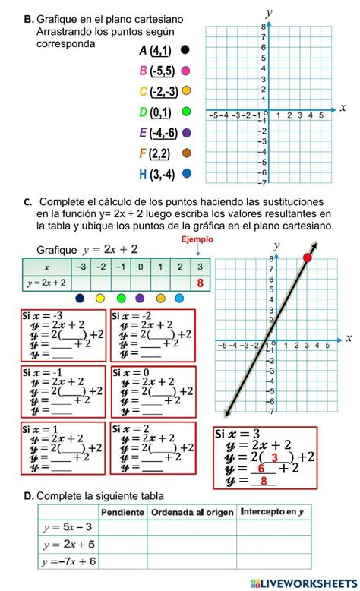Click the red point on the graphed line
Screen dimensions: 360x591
(x=308, y=258)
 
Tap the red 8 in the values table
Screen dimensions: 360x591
(x=201, y=283)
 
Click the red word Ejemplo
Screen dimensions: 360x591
(x=197, y=239)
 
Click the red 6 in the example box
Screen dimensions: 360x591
(x=261, y=469)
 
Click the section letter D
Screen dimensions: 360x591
(x=28, y=495)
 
